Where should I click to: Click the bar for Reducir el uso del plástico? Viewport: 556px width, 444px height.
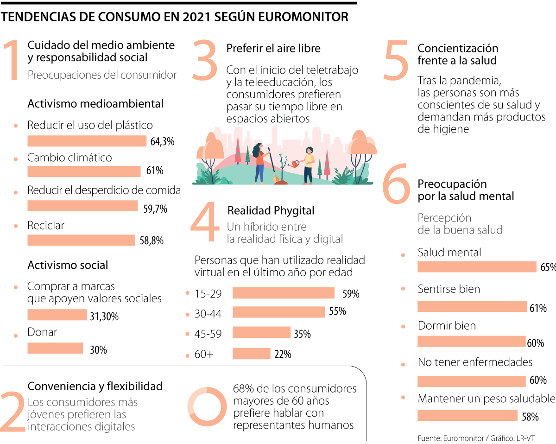point(87,141)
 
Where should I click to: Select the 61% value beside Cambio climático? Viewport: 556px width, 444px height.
point(155,171)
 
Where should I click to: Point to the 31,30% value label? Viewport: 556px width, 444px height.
point(104,317)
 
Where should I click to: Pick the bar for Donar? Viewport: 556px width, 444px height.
point(55,348)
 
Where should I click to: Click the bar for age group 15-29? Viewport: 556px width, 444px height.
point(283,293)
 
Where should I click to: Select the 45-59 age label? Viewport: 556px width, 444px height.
point(208,334)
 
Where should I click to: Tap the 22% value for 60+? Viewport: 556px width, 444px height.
point(283,355)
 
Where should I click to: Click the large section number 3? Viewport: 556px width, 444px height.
point(204,59)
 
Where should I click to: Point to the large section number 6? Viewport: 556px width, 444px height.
point(396,184)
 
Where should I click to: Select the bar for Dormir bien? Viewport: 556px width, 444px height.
point(471,342)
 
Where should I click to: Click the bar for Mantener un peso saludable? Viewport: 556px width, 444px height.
point(467,415)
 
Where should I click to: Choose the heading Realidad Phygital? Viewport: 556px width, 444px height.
point(271,211)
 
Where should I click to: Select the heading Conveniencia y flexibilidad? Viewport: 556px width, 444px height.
point(95,386)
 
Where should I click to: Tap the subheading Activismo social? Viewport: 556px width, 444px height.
point(68,265)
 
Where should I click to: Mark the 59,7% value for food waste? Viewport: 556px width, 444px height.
point(155,209)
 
